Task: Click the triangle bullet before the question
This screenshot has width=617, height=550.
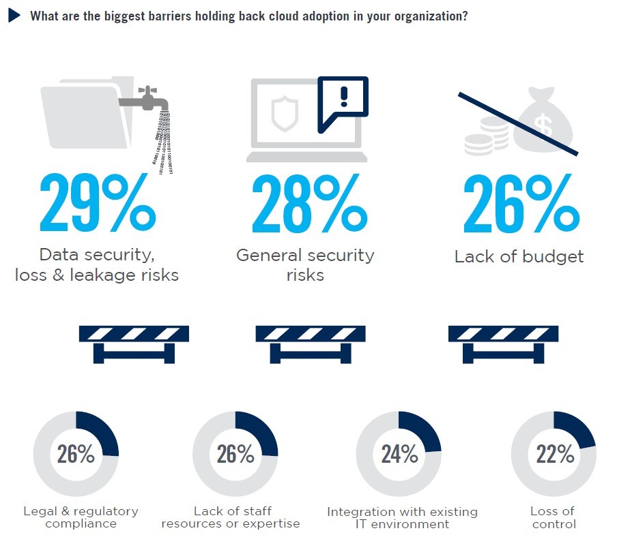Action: (x=14, y=16)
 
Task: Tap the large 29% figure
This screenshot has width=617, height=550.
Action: (x=98, y=202)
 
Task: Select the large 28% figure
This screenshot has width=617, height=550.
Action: (x=310, y=203)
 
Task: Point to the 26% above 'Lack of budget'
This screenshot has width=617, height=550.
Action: (x=521, y=203)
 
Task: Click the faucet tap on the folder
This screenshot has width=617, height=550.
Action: (x=145, y=100)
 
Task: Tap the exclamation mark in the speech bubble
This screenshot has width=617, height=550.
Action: (x=344, y=96)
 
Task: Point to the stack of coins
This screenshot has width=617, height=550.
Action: (x=487, y=136)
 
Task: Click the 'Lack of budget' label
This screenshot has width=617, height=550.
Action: (x=519, y=256)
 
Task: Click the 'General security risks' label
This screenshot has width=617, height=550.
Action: (x=305, y=265)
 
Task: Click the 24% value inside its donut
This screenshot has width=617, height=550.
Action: (x=399, y=454)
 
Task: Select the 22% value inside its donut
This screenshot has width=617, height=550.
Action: (x=555, y=454)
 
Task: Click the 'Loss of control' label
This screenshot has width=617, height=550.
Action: (x=554, y=517)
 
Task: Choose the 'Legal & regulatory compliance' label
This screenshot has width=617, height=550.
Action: (x=81, y=517)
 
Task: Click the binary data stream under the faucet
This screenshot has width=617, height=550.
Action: (x=162, y=142)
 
